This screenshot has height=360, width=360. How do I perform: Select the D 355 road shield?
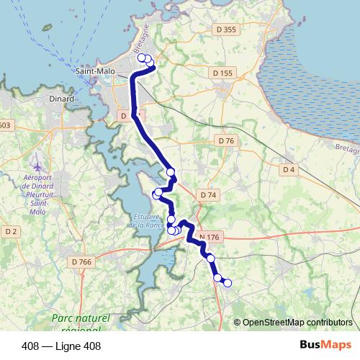click(x=225, y=50)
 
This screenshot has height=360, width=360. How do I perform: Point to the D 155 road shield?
click(x=222, y=73)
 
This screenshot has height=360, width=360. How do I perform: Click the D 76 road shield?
click(x=226, y=140)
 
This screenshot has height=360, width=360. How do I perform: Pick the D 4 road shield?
click(x=289, y=169)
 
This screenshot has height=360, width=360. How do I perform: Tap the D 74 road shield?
click(x=208, y=195)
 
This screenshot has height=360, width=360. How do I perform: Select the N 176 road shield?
click(x=209, y=237)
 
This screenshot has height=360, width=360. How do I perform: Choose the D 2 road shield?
click(x=11, y=231)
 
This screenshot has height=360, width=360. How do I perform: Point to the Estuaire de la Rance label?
click(x=148, y=220)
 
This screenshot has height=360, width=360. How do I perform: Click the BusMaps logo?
click(x=325, y=346)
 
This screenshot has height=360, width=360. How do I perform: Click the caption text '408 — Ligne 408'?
click(x=61, y=346)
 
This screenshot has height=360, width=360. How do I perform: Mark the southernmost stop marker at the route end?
click(x=228, y=283)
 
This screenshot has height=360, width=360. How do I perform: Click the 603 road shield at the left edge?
click(x=5, y=125)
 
